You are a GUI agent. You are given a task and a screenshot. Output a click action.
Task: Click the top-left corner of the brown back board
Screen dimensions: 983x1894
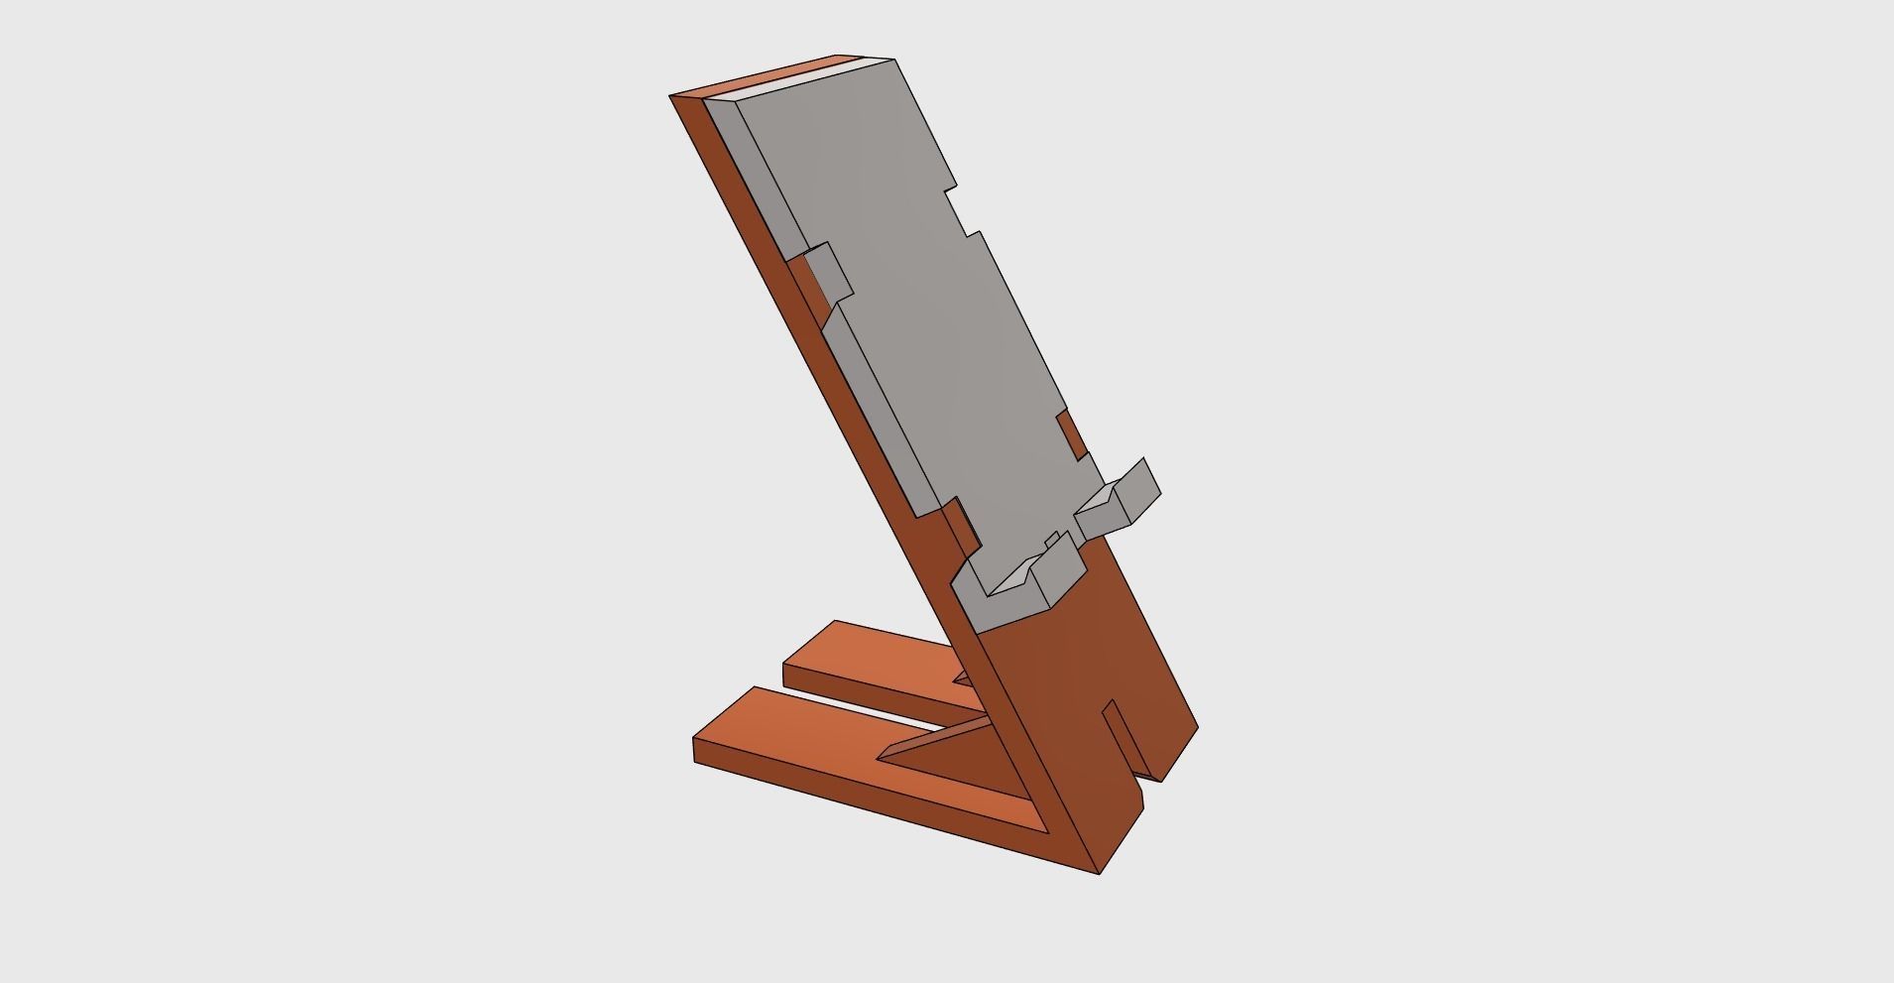671,96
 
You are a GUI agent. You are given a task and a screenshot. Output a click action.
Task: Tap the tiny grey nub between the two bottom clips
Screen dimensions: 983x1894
1051,540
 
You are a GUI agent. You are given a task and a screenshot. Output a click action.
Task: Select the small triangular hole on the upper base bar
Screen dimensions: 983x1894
962,677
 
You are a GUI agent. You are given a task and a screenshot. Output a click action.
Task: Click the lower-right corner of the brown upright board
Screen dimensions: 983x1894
1197,729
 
